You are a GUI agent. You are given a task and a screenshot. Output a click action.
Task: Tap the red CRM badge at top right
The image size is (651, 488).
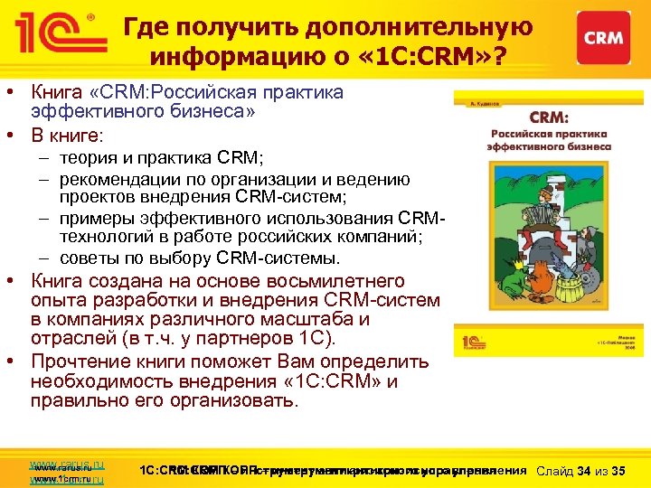(601, 37)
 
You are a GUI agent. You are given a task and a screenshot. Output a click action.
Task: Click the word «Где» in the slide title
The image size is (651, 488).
(146, 27)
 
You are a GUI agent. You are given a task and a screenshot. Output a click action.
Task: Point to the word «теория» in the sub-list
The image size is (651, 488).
(87, 158)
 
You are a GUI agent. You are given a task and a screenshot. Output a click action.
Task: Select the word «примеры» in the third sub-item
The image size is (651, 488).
(94, 220)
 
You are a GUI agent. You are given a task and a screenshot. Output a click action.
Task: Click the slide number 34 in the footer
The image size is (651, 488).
(584, 470)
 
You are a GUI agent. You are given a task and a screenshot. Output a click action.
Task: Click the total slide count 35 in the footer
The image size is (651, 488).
(619, 470)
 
